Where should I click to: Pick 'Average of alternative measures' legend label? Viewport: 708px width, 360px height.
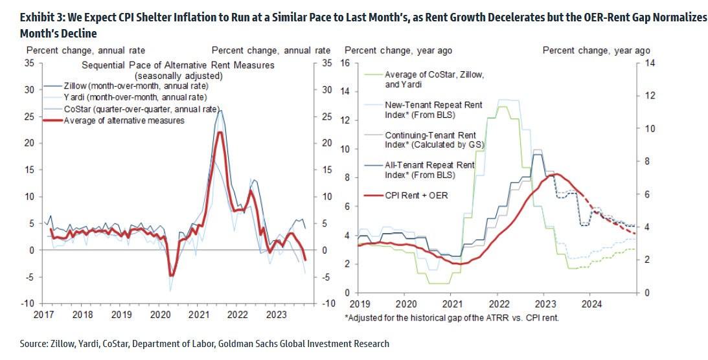[x=124, y=120]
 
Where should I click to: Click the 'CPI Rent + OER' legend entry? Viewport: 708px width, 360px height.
[x=417, y=196]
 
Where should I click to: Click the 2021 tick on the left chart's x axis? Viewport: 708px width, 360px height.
[x=197, y=314]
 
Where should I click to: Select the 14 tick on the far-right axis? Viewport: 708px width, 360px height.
[x=645, y=63]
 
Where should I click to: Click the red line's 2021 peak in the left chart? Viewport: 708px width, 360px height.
[x=220, y=132]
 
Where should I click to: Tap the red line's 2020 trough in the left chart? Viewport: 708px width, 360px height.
[x=170, y=275]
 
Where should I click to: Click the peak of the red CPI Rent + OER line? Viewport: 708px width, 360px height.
[x=556, y=174]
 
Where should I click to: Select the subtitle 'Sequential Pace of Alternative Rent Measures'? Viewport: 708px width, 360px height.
[x=178, y=65]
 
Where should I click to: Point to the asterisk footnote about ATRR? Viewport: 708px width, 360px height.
[x=452, y=317]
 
